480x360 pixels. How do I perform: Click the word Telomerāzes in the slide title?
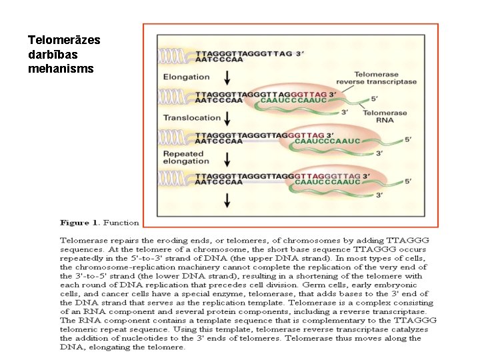point(64,40)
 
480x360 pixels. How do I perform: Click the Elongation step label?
point(186,77)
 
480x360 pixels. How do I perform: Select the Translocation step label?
point(191,118)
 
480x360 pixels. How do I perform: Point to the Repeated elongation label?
point(186,157)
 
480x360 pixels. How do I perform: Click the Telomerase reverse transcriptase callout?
point(385,78)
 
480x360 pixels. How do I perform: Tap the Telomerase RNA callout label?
point(385,117)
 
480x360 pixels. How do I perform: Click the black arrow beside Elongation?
point(228,78)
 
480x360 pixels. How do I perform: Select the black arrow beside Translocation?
point(228,119)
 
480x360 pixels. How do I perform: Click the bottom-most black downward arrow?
point(228,199)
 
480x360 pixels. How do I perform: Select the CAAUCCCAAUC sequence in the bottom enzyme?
point(328,181)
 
